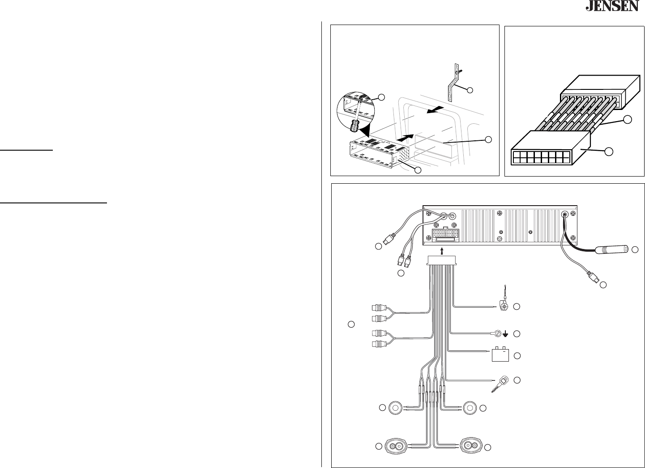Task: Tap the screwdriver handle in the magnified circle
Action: click(354, 126)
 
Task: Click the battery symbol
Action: click(501, 354)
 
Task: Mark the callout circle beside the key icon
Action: click(517, 380)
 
